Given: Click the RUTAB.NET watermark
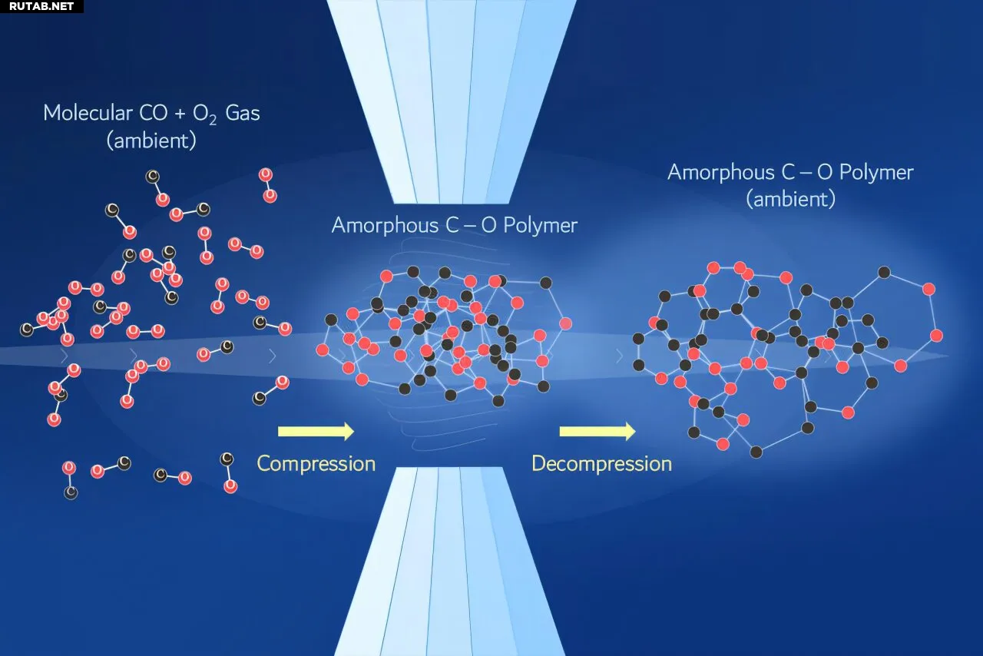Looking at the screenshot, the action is pyautogui.click(x=41, y=6).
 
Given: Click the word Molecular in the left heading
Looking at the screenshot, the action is pyautogui.click(x=88, y=113).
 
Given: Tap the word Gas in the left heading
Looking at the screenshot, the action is pyautogui.click(x=242, y=113).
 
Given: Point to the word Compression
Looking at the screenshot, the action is pyautogui.click(x=316, y=464).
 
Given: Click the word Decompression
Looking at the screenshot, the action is pyautogui.click(x=601, y=464).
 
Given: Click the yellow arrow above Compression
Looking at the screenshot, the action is pyautogui.click(x=316, y=431).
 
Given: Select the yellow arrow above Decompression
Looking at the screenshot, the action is pyautogui.click(x=597, y=431).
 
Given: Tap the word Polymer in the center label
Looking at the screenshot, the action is pyautogui.click(x=540, y=226).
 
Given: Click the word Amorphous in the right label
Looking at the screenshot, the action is pyautogui.click(x=721, y=172).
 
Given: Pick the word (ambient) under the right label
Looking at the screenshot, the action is pyautogui.click(x=791, y=199).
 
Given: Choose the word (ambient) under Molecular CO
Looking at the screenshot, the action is pyautogui.click(x=151, y=141).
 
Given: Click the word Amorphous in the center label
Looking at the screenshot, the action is pyautogui.click(x=385, y=225).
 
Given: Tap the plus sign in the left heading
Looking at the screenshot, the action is pyautogui.click(x=180, y=114).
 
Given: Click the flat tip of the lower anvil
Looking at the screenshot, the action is pyautogui.click(x=450, y=468).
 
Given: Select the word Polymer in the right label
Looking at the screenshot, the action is pyautogui.click(x=876, y=173).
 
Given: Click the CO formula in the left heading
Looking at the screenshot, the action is pyautogui.click(x=154, y=113).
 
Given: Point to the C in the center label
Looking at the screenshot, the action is pyautogui.click(x=453, y=225).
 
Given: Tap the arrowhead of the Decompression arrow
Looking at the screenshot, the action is pyautogui.click(x=631, y=431).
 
